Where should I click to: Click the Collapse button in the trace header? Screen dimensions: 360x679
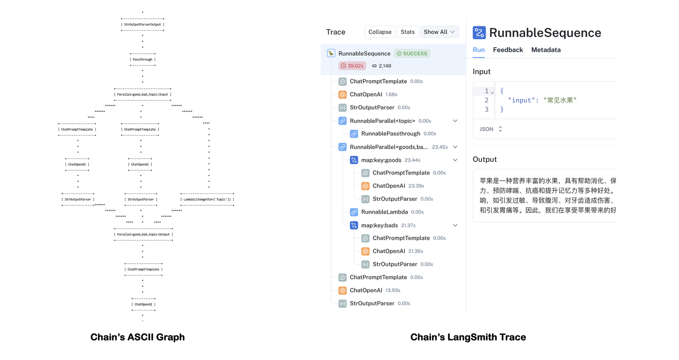pos(380,32)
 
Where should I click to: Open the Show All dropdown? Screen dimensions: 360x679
pos(439,32)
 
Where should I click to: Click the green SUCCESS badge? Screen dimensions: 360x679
pos(412,54)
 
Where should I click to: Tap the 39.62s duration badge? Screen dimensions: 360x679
pos(352,66)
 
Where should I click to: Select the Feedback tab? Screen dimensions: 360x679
pos(508,50)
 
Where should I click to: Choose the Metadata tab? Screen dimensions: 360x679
pos(546,50)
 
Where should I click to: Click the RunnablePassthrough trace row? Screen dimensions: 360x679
pos(390,134)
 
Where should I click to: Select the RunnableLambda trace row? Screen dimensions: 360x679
pos(384,212)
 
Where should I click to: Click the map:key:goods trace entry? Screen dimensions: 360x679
pos(381,160)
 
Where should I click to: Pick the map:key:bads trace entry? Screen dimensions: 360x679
pos(379,226)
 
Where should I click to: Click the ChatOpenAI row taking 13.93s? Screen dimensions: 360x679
pos(366,291)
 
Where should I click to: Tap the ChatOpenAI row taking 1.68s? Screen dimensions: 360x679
pos(366,95)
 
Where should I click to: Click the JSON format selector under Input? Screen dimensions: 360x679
pos(490,129)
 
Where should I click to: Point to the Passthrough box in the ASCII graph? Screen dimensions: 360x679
pos(142,59)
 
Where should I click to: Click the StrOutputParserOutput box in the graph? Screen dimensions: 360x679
pos(142,25)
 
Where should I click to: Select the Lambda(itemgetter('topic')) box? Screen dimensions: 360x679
pos(207,200)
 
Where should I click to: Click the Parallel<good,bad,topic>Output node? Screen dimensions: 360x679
pos(143,234)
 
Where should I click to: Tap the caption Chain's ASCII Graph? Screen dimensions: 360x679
pos(137,337)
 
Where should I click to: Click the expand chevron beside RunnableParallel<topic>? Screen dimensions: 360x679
pos(455,121)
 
